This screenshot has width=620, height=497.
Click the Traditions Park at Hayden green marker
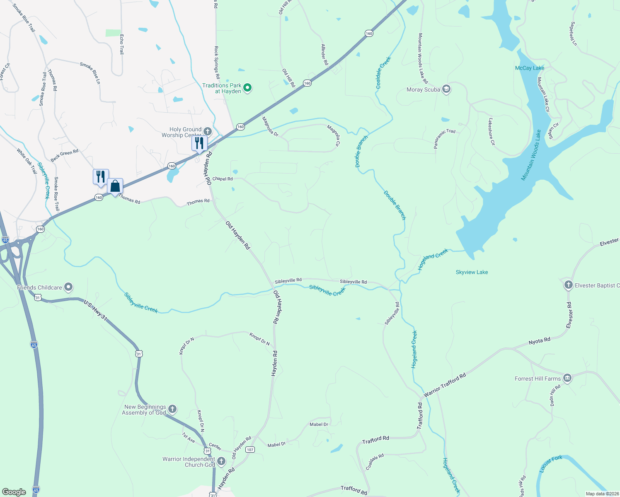[247, 88]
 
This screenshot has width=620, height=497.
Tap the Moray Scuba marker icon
[446, 89]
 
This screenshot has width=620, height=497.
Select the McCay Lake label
[529, 68]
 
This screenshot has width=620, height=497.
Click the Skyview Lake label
[472, 272]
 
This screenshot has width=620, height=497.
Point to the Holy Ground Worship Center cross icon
[208, 132]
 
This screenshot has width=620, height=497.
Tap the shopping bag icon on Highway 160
[115, 186]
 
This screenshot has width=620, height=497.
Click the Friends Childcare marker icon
[68, 287]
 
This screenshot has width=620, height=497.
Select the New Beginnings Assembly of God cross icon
[172, 409]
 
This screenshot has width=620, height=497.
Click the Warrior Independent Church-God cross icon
[221, 461]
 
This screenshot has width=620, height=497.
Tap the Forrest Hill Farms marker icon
[567, 378]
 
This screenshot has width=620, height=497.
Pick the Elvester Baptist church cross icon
[568, 285]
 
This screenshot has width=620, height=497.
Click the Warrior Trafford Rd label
[445, 385]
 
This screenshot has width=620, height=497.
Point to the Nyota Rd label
[539, 341]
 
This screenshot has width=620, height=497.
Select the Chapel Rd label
[223, 179]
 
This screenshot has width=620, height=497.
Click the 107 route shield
[250, 449]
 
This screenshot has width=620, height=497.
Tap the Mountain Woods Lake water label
[531, 155]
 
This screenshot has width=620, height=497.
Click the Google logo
[14, 492]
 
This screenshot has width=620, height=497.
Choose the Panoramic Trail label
[444, 138]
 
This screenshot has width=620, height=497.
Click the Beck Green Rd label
[64, 156]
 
